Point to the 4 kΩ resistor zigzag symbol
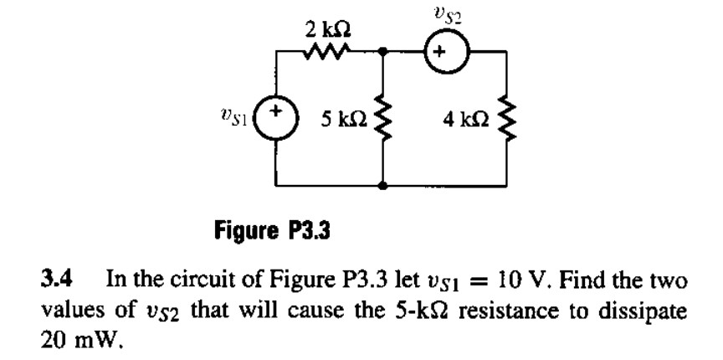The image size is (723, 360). [x=505, y=116]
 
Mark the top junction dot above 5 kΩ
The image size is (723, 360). [x=383, y=51]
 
